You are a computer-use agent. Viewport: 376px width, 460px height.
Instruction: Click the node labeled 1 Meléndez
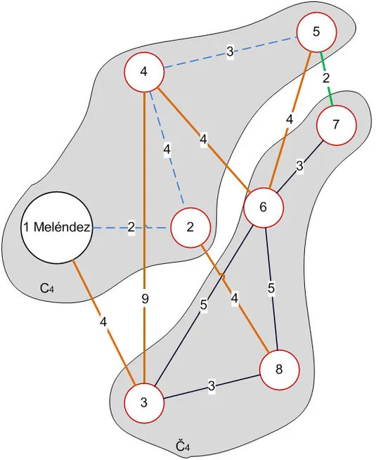pos(57,227)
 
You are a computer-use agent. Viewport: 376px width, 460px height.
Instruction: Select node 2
pos(190,227)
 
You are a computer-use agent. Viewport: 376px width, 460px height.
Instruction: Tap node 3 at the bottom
pos(144,403)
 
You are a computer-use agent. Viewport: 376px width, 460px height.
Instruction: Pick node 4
pos(144,72)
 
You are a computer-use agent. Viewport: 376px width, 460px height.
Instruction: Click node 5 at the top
pos(317,32)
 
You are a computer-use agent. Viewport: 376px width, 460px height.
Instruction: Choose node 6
pos(264,207)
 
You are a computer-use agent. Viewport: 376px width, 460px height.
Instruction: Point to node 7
pos(336,125)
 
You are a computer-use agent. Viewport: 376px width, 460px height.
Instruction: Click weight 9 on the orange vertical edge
pos(144,299)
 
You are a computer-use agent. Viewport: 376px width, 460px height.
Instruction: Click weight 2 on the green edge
pos(326,78)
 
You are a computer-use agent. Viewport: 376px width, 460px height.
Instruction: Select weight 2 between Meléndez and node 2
pos(131,227)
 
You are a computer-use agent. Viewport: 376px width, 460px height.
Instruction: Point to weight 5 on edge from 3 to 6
pos(204,305)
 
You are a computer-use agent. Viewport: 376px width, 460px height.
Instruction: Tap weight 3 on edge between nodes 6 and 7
pos(299,167)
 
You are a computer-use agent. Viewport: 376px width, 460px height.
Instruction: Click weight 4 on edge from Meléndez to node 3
pos(103,323)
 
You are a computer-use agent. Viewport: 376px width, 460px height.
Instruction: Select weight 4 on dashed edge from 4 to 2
pos(167,149)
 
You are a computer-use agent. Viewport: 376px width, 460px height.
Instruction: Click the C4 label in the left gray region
pos(47,287)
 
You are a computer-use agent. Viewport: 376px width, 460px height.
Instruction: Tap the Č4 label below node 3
pos(183,446)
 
